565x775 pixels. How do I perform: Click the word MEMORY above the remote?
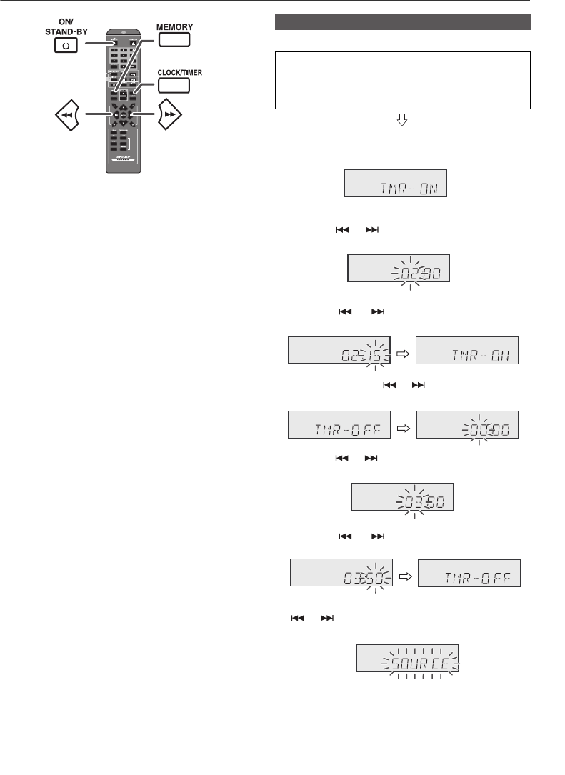click(175, 26)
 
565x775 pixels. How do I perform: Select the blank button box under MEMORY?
click(174, 39)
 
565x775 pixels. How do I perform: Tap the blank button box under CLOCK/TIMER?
click(173, 86)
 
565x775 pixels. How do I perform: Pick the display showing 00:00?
click(467, 426)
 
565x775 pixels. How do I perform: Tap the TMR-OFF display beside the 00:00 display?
click(339, 426)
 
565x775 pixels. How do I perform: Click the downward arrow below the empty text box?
click(402, 122)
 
